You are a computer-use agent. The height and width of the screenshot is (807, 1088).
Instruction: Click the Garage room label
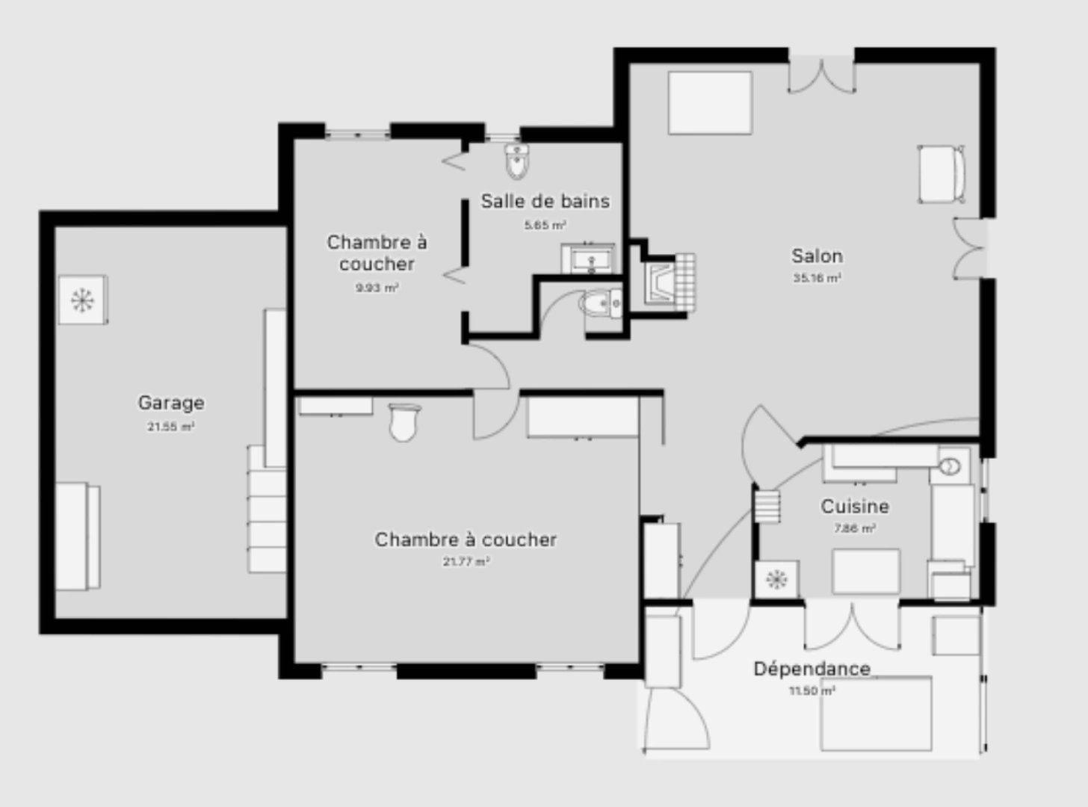(x=170, y=403)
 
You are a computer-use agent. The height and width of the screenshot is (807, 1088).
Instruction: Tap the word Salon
(x=817, y=256)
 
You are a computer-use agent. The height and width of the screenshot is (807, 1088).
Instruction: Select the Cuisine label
(x=855, y=506)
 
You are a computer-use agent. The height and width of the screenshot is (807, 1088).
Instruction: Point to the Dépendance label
(x=812, y=668)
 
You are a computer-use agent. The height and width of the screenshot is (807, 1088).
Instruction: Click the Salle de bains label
(x=545, y=201)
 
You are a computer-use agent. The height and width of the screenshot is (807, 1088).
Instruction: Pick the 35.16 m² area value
(x=817, y=278)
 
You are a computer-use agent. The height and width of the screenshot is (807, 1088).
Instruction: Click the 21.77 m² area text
(x=466, y=562)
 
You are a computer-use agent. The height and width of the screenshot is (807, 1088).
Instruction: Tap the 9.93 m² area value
(x=377, y=288)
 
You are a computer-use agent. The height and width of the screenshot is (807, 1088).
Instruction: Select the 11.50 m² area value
(x=812, y=691)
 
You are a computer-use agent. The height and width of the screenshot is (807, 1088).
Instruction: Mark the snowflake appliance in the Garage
(x=82, y=300)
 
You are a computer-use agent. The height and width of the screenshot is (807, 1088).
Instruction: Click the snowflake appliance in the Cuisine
(x=776, y=579)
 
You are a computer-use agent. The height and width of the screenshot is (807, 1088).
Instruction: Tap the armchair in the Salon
(x=941, y=174)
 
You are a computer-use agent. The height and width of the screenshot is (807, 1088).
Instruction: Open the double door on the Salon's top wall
(x=821, y=75)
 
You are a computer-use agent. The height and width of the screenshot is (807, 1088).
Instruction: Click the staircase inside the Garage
(x=267, y=508)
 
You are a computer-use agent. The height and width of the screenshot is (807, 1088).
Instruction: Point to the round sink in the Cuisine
(x=949, y=467)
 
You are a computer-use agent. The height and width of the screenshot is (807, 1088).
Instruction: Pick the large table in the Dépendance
(x=876, y=713)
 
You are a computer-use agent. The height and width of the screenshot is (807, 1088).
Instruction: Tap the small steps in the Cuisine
(x=767, y=506)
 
